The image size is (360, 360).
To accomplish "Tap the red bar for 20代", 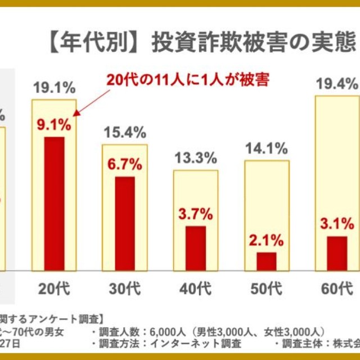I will pyautogui.click(x=54, y=202).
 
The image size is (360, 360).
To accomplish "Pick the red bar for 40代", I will pyautogui.click(x=196, y=247).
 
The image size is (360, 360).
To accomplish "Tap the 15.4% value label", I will pyautogui.click(x=125, y=133).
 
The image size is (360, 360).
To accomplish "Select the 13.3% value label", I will pyautogui.click(x=196, y=158).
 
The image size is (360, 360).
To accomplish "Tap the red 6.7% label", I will pyautogui.click(x=125, y=165).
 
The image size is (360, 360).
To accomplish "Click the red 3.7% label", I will pyautogui.click(x=196, y=214).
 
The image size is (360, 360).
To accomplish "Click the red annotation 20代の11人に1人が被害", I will pyautogui.click(x=189, y=80).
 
